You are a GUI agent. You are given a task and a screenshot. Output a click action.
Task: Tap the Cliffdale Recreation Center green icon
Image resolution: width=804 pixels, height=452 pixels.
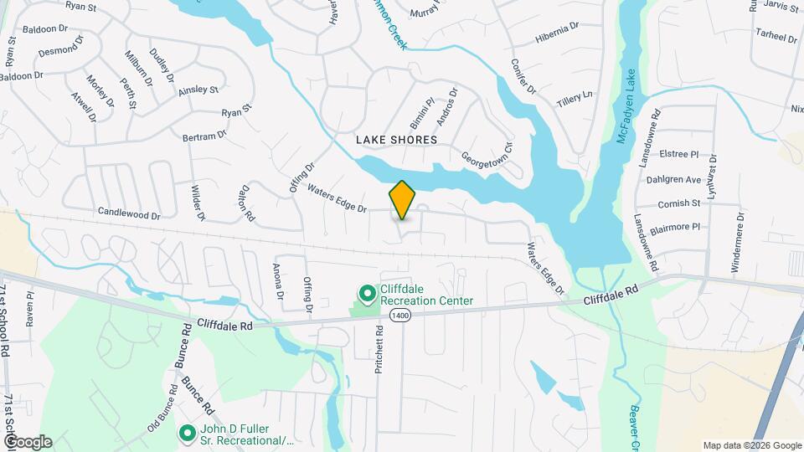367,294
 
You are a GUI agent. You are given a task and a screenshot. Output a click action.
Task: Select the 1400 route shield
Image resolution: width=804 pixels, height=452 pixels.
400,316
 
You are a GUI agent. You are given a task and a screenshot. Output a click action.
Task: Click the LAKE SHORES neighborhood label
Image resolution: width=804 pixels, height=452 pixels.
396,140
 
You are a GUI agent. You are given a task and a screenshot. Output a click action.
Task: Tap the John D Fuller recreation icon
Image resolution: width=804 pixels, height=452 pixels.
187,433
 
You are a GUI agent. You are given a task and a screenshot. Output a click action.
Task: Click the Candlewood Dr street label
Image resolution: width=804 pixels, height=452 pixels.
128,215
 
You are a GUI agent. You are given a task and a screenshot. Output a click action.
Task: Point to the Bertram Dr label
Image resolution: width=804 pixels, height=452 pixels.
204,134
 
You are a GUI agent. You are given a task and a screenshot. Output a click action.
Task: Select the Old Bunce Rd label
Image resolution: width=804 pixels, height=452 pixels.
163,408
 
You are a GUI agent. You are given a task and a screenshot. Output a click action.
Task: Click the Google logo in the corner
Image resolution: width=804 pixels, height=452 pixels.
27,441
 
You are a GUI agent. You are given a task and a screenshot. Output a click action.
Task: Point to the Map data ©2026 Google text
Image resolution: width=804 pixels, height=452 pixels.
751,445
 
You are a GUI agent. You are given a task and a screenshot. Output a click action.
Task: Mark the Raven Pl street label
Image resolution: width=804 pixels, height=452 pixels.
29,309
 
